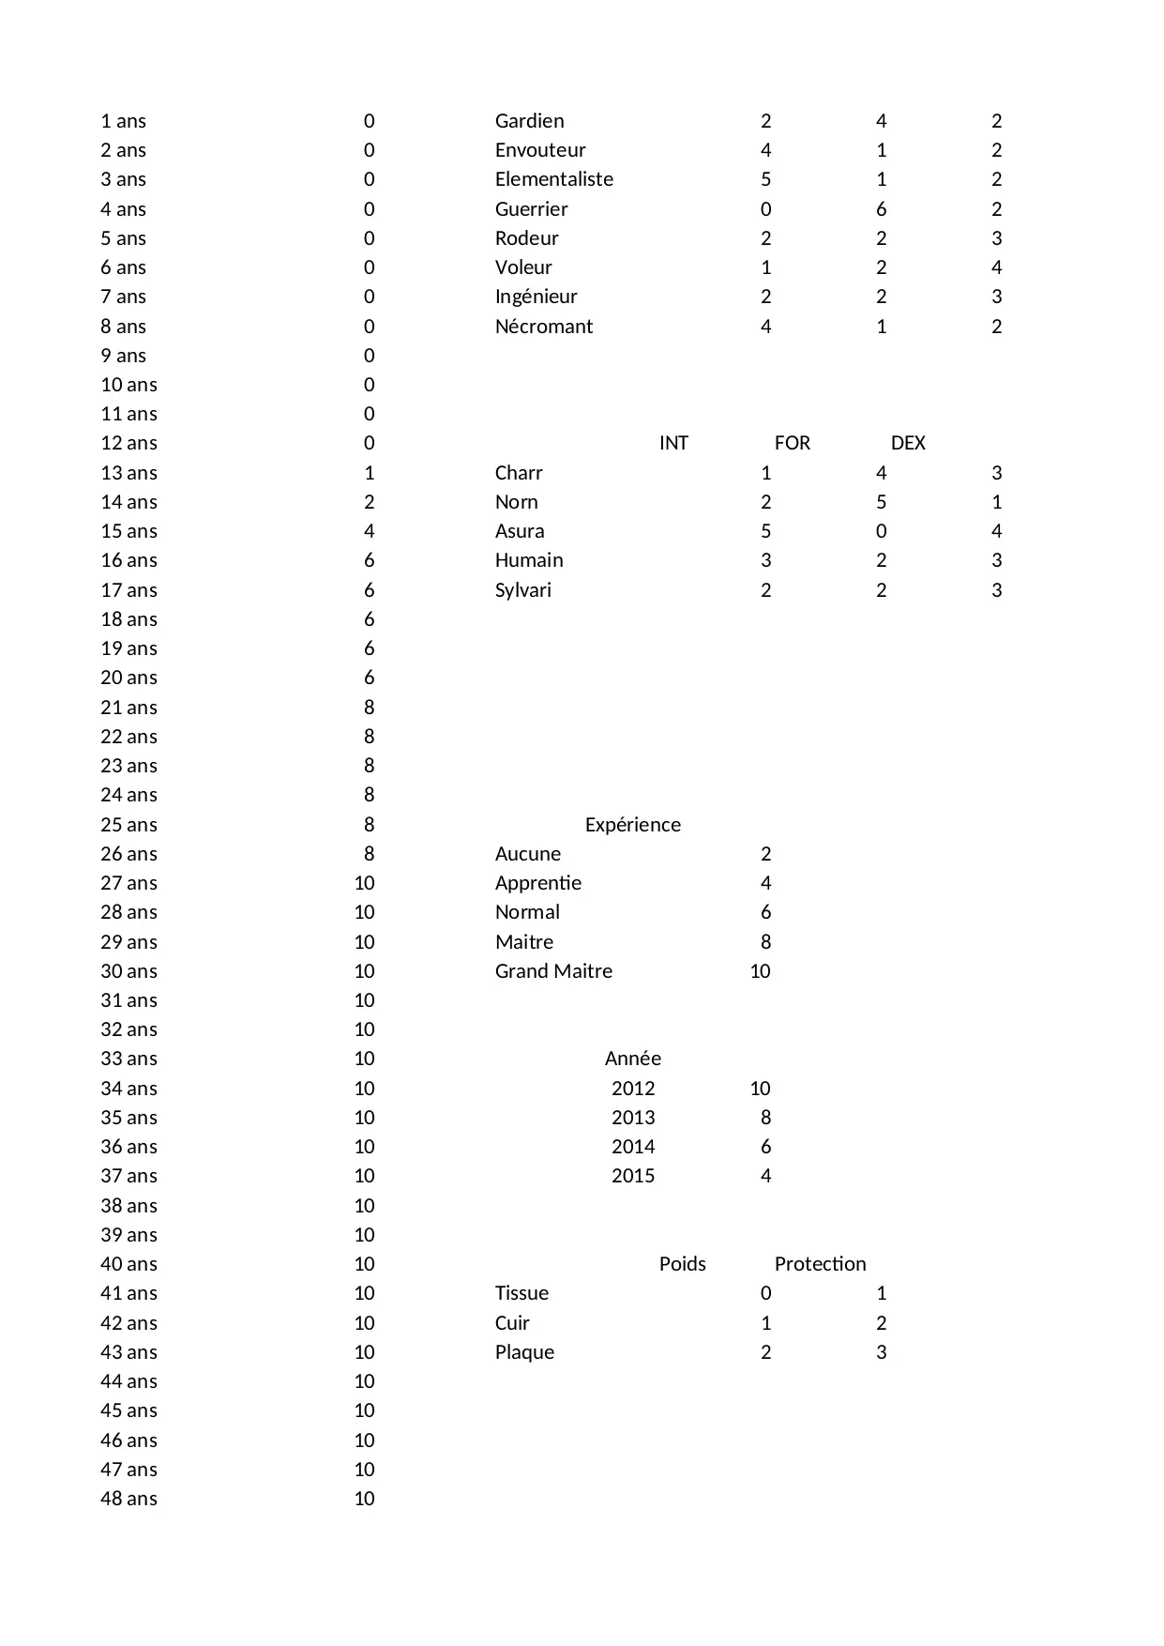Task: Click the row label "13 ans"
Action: (x=128, y=473)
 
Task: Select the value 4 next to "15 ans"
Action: (x=369, y=531)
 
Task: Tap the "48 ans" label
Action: (x=128, y=1499)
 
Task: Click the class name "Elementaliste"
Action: (x=553, y=179)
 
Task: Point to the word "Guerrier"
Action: (x=531, y=209)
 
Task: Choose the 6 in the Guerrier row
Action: (x=881, y=209)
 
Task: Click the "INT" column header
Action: (x=673, y=443)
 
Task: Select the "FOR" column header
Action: (x=792, y=443)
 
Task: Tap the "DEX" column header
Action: (x=907, y=443)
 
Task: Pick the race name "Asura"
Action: (x=520, y=531)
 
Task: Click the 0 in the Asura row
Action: (x=881, y=531)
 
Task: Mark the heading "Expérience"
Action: (x=632, y=825)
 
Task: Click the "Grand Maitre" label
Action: (x=553, y=971)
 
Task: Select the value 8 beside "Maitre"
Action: (x=765, y=942)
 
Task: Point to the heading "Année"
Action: (x=632, y=1059)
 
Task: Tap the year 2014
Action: (x=632, y=1147)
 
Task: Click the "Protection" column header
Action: (x=820, y=1264)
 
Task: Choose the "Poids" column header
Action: (x=682, y=1264)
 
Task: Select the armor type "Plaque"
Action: (x=524, y=1352)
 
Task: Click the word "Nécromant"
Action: (x=544, y=327)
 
